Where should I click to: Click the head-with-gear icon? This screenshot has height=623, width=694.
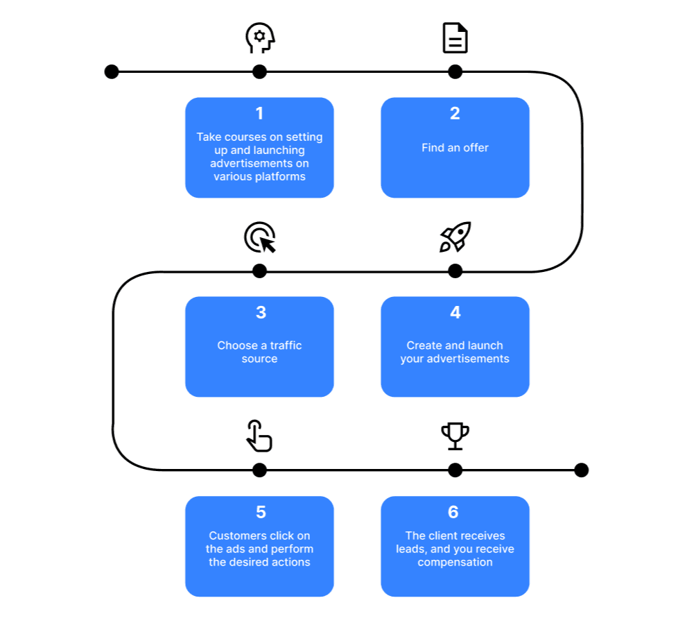260,38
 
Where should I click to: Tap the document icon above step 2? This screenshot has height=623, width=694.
455,38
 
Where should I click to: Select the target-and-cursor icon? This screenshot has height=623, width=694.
260,237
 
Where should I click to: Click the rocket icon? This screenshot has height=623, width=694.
455,237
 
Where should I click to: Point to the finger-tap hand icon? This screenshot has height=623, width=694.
259,436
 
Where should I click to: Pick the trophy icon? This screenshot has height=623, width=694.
455,436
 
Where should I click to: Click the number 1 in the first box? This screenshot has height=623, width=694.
259,113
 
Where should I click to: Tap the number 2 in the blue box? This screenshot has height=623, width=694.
455,113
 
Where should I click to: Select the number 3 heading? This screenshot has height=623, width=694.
261,313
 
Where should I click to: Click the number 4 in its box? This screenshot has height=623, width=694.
456,313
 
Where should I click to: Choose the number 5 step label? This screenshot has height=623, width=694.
261,512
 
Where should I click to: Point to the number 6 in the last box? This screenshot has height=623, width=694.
453,512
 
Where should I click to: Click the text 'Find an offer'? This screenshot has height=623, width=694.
455,148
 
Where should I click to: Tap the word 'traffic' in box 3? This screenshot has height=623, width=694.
286,345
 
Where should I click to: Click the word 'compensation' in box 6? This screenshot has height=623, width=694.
455,563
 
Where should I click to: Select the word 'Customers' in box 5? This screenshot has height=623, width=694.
238,536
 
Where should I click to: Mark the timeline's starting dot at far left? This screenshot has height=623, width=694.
112,71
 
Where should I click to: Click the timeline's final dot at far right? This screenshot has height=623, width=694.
581,470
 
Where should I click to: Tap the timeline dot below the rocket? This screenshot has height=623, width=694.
455,271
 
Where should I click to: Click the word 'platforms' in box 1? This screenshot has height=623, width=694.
279,177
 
